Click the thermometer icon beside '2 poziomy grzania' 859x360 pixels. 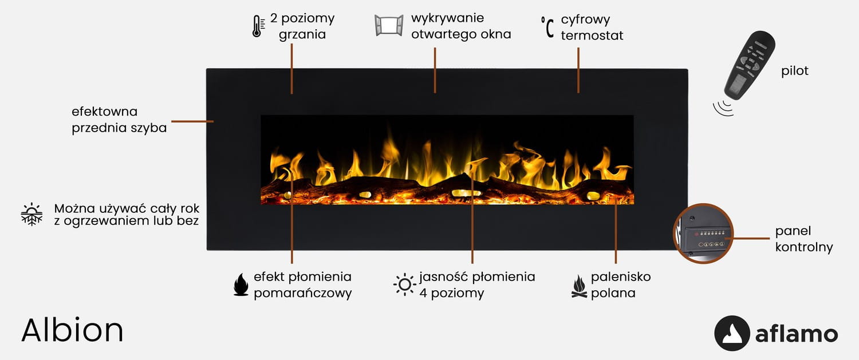click(x=258, y=26)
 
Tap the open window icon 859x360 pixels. click(x=389, y=26)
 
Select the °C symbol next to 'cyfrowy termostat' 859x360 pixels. click(x=547, y=27)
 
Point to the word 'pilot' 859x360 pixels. click(x=795, y=71)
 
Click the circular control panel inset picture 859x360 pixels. click(x=703, y=234)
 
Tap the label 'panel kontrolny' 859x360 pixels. click(x=803, y=239)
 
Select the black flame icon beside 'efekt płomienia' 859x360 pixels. click(x=241, y=284)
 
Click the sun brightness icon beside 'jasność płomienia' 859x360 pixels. click(x=405, y=284)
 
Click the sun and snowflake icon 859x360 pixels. click(x=31, y=214)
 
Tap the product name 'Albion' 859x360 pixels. click(x=72, y=330)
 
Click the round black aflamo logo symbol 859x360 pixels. click(x=732, y=333)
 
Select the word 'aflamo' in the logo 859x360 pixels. click(x=797, y=334)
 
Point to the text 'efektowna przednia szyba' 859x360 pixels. click(x=119, y=120)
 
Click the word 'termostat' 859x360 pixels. click(x=592, y=35)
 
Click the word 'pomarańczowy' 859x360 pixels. click(x=302, y=293)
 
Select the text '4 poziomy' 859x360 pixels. click(x=451, y=293)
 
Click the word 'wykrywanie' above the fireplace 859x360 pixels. click(x=447, y=18)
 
